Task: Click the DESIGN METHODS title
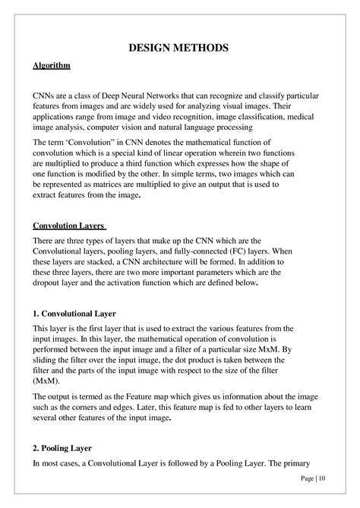click(179, 48)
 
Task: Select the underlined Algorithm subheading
click(52, 66)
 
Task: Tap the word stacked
click(96, 262)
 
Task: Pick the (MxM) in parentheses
click(46, 383)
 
